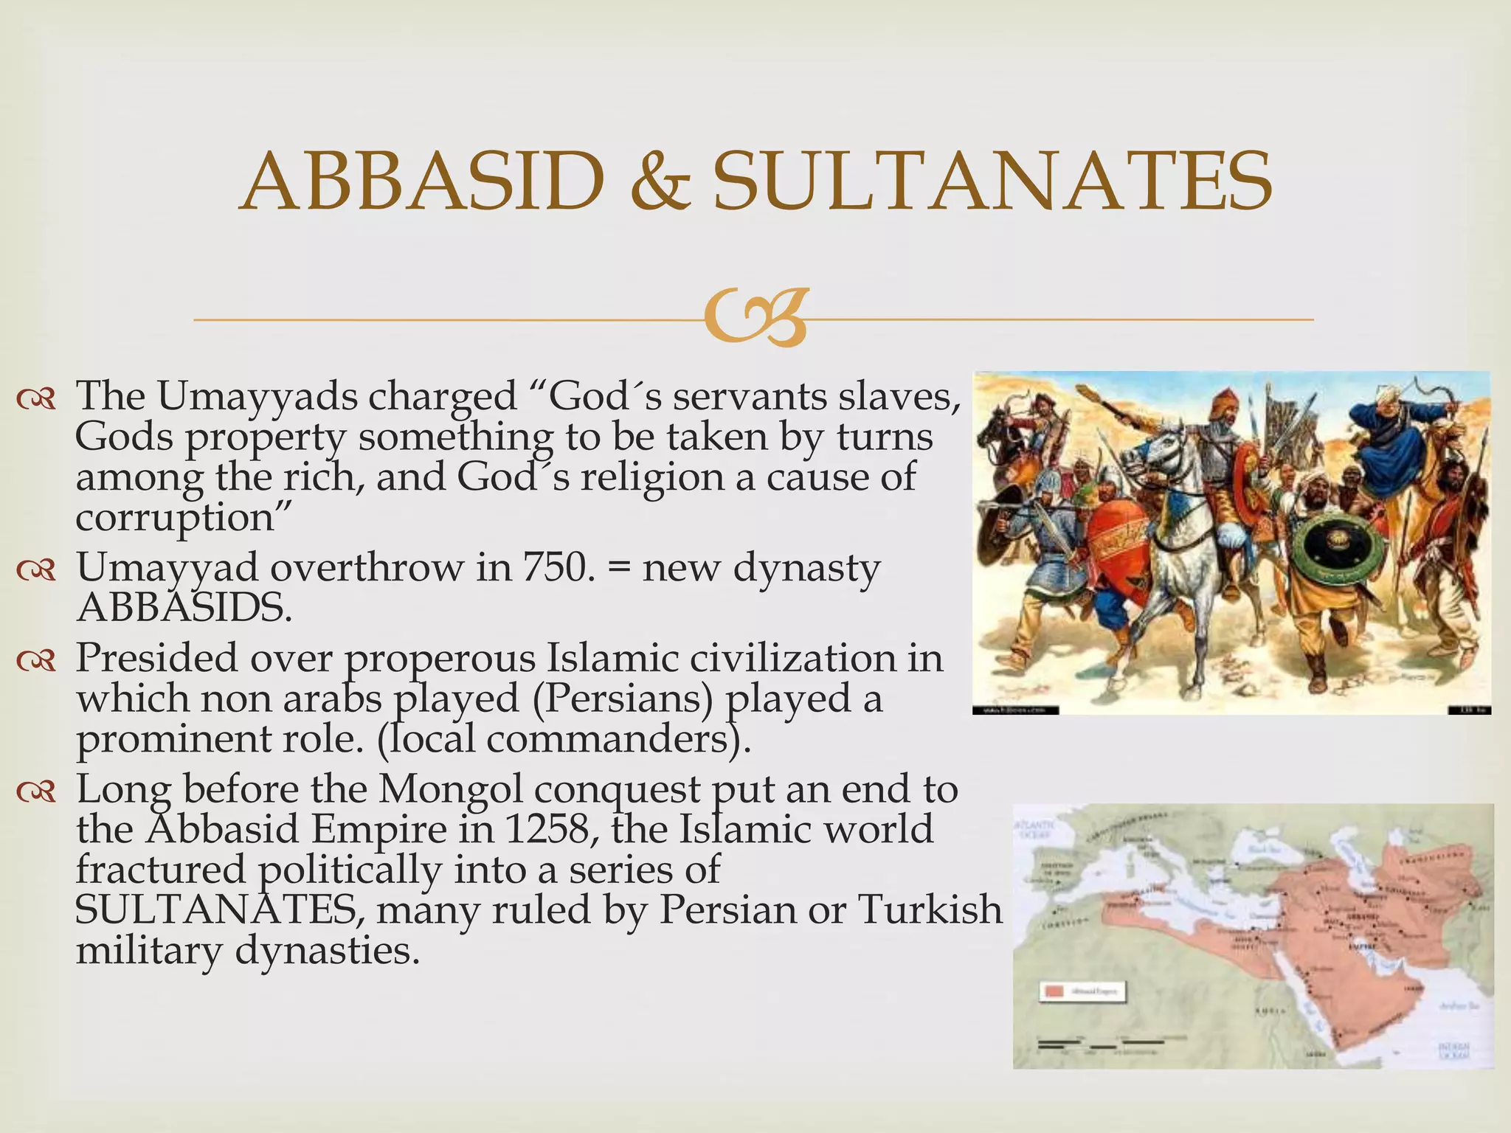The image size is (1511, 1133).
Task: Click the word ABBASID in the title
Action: click(423, 181)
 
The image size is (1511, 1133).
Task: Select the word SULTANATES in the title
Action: click(992, 181)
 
